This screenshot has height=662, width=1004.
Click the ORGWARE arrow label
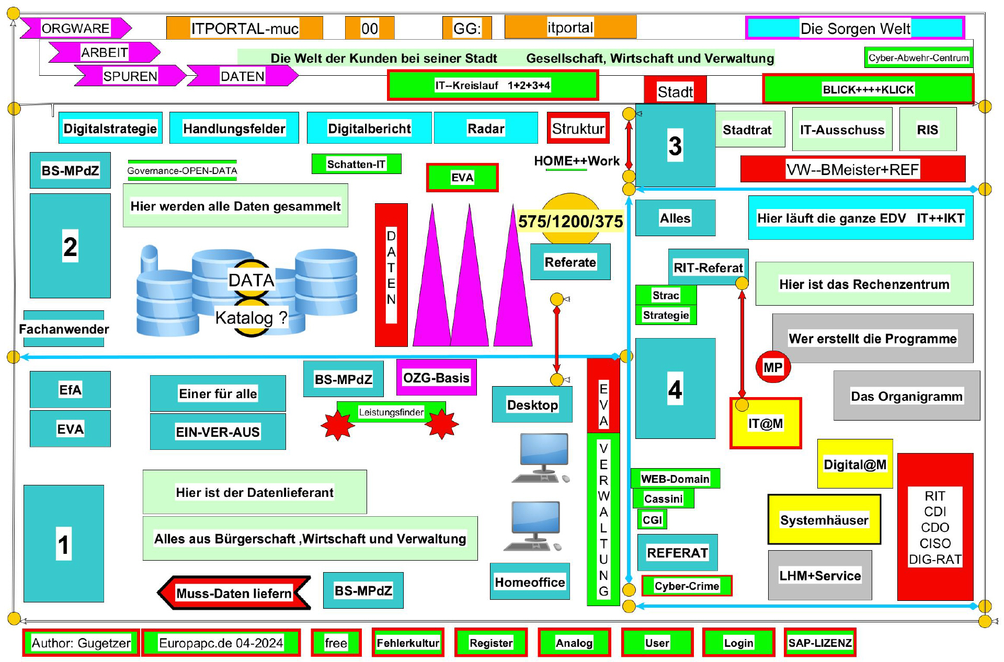[75, 28]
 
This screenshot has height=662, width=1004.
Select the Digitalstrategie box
[110, 128]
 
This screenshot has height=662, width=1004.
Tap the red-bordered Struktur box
[578, 128]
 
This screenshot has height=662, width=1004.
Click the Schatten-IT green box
[356, 164]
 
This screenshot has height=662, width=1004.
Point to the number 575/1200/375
[570, 222]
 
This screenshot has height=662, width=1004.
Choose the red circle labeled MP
[772, 367]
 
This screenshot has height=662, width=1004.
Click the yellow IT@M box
[766, 423]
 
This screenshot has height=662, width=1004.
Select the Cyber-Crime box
[687, 586]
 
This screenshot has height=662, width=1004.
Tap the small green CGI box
[652, 520]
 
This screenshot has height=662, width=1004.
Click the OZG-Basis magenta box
[436, 377]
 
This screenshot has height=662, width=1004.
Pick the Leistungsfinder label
[391, 412]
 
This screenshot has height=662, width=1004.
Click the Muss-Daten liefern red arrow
[234, 593]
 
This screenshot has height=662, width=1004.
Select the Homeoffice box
[530, 582]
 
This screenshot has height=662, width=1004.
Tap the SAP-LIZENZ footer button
[820, 643]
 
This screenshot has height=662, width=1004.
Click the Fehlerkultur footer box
[408, 643]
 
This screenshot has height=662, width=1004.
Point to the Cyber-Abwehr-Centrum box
[918, 57]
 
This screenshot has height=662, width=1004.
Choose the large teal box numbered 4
[675, 389]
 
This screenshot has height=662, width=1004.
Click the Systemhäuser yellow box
[824, 520]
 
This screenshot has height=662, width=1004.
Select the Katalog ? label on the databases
[251, 317]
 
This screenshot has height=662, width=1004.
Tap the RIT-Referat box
[708, 268]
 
